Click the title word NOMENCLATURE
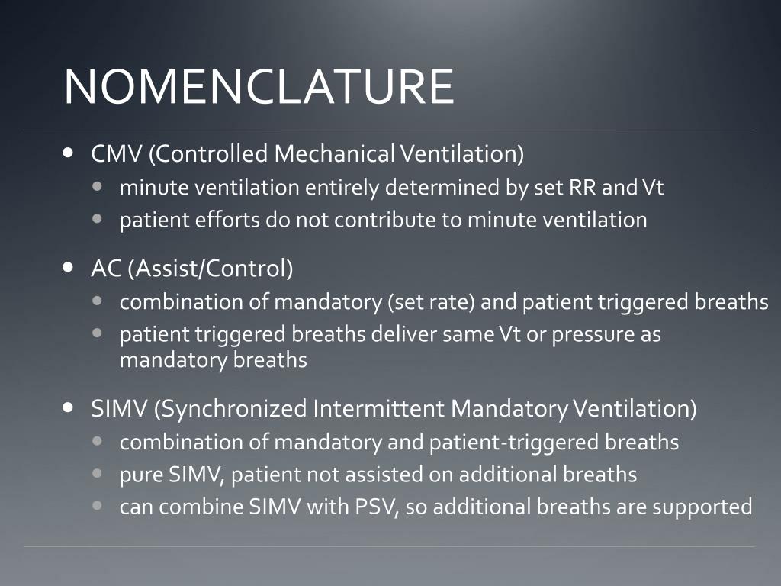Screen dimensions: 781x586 [259, 86]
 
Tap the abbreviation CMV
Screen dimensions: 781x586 [117, 153]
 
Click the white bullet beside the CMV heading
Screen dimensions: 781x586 [68, 152]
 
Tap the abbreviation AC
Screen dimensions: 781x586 [106, 268]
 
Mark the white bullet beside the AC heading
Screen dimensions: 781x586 [68, 267]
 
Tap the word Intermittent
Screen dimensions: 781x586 [378, 408]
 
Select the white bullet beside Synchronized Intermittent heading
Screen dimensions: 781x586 [68, 407]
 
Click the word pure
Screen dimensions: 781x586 [141, 475]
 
